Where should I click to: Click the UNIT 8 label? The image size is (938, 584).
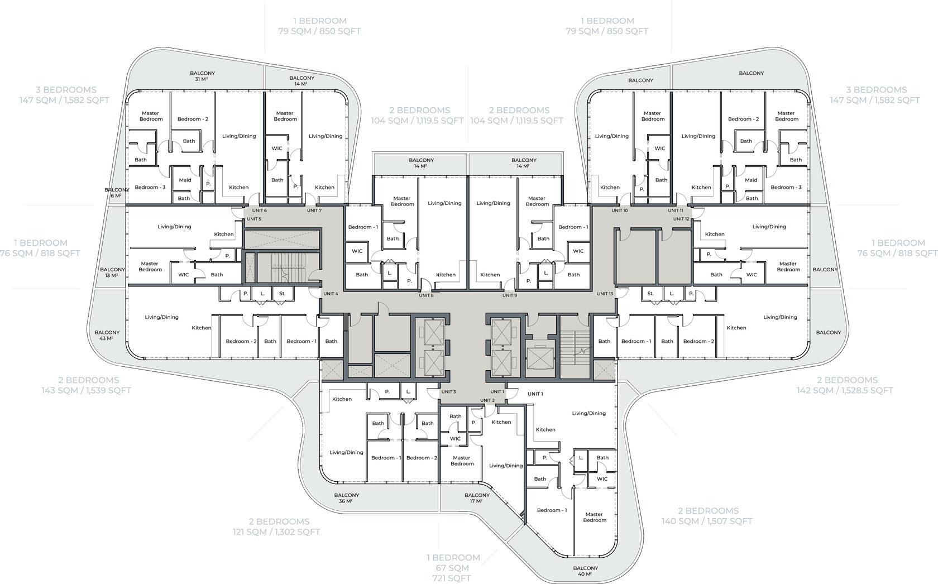point(426,295)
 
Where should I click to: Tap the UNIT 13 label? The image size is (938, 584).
point(605,294)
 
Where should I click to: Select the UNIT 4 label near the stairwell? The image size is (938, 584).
point(331,294)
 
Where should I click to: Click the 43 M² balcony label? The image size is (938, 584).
point(107,335)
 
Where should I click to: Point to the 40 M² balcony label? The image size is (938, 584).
point(586,571)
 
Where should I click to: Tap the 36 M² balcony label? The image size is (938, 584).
point(346,498)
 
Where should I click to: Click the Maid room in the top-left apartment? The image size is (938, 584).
point(185,180)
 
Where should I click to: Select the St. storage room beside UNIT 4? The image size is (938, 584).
point(283,294)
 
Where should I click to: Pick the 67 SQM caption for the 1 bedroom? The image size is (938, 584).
point(453,568)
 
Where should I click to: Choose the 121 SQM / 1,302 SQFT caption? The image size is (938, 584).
point(276,532)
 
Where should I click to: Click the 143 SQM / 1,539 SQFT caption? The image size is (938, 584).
point(86,390)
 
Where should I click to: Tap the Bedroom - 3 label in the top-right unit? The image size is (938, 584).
point(786,187)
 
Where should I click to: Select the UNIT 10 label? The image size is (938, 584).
point(619,210)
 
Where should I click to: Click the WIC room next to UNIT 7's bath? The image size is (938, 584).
point(277,149)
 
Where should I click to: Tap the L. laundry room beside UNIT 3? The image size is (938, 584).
point(408,392)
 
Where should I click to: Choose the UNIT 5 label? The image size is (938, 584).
point(254,219)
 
